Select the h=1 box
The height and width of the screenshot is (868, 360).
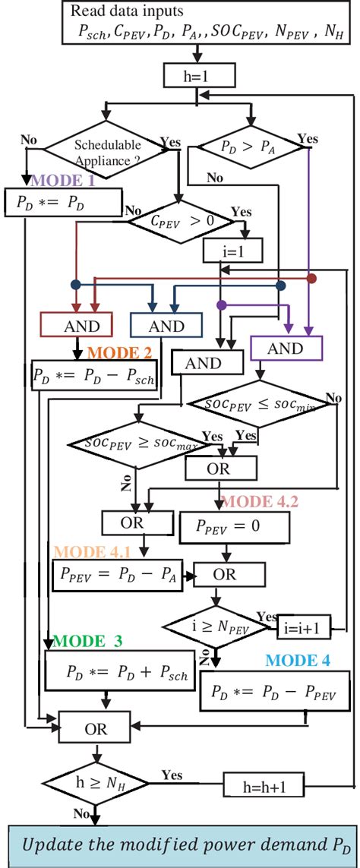(x=199, y=74)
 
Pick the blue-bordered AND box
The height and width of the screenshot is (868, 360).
(x=167, y=326)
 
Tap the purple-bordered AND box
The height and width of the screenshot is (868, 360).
(x=286, y=348)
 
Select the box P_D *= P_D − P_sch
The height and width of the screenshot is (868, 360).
(x=93, y=376)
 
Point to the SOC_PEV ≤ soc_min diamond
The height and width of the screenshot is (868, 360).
(x=260, y=404)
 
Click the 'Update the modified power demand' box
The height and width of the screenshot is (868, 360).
(x=180, y=844)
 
